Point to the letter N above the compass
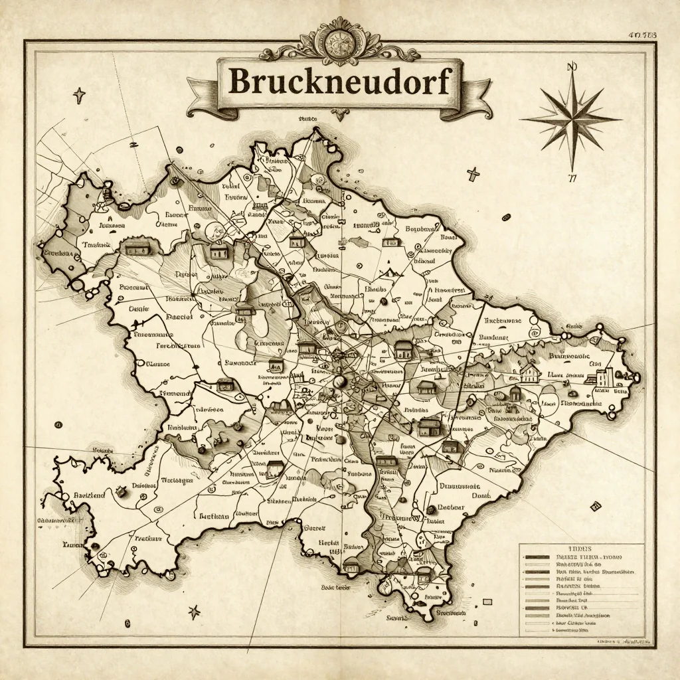pyautogui.click(x=570, y=66)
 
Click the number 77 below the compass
pyautogui.click(x=572, y=177)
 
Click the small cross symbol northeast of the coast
pyautogui.click(x=473, y=175)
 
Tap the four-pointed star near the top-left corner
pyautogui.click(x=80, y=94)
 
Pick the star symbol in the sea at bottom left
pyautogui.click(x=195, y=612)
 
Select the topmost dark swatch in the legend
pyautogui.click(x=537, y=556)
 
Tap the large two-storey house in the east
pyautogui.click(x=529, y=373)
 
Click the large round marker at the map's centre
pyautogui.click(x=341, y=381)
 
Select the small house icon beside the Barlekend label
pyautogui.click(x=122, y=492)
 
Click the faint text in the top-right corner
pyautogui.click(x=641, y=35)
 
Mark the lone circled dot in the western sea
pyautogui.click(x=58, y=424)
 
